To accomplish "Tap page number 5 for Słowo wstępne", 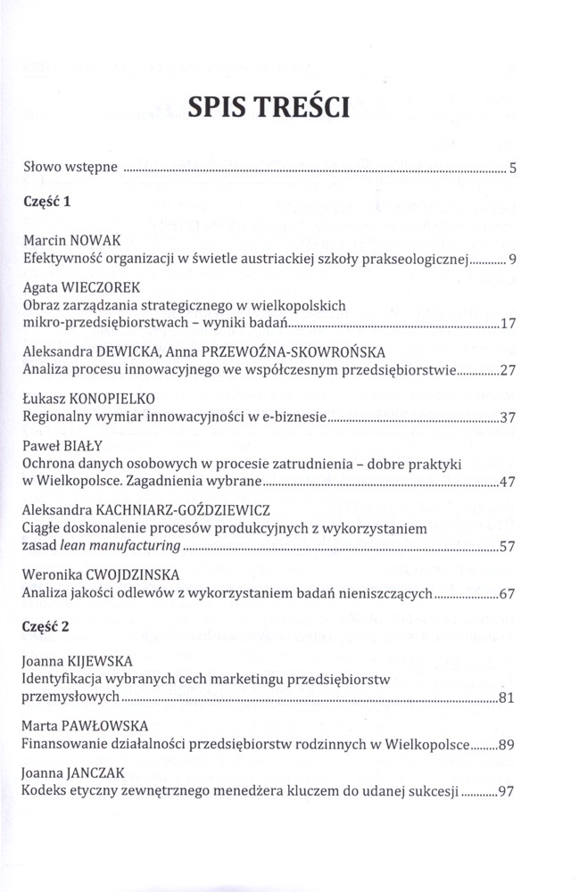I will pyautogui.click(x=512, y=167).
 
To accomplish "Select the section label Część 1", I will pyautogui.click(x=47, y=202).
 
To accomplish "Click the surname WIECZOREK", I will pyautogui.click(x=107, y=287).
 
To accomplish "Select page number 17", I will pyautogui.click(x=509, y=323).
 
